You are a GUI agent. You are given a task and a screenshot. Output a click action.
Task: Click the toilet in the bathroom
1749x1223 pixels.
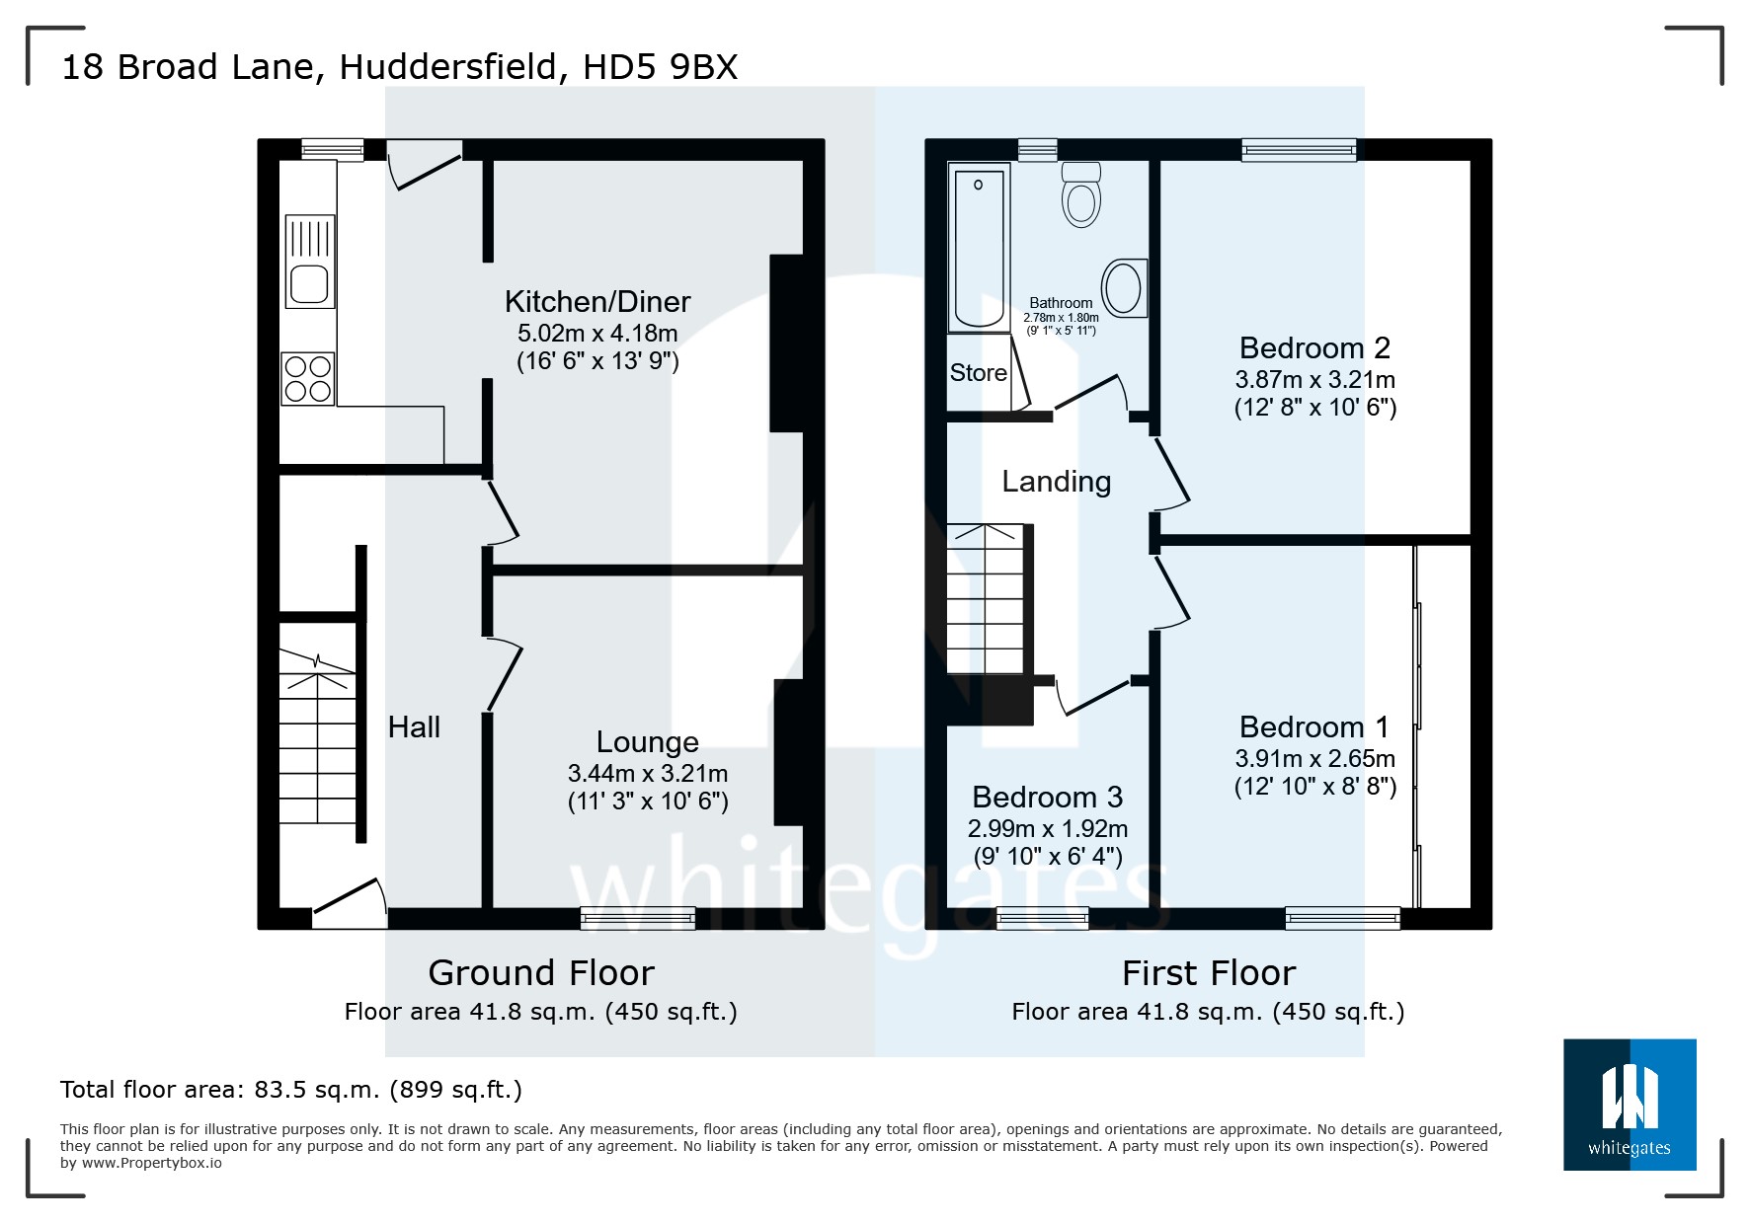[1081, 197]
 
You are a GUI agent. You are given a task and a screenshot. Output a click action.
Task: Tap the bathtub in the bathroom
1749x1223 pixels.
[978, 247]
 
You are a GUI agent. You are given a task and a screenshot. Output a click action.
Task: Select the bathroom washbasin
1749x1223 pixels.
[1124, 288]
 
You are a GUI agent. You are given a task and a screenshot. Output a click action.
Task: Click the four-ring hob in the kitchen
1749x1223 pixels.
[308, 379]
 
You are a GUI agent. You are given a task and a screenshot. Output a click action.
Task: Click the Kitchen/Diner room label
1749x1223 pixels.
[597, 301]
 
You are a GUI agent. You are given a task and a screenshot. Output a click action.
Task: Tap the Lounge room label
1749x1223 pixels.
[647, 741]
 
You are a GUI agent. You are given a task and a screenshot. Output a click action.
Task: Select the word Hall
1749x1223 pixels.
[414, 727]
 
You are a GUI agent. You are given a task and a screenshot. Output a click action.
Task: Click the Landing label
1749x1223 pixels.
[1056, 482]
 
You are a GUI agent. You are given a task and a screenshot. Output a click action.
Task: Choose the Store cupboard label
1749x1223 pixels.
[978, 373]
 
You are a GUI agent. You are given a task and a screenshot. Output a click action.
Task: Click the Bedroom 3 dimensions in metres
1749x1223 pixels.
[1047, 828]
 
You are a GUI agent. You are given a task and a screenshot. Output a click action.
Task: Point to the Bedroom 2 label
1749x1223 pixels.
[1314, 347]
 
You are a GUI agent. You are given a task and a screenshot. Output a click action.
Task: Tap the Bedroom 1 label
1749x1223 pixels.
[1313, 727]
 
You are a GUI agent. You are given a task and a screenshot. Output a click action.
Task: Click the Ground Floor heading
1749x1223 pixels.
[541, 973]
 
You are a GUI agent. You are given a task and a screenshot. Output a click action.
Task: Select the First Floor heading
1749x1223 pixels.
[1208, 973]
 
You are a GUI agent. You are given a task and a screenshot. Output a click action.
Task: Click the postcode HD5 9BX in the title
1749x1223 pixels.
[660, 67]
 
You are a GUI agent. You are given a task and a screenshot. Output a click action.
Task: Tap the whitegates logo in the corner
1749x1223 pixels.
[1630, 1105]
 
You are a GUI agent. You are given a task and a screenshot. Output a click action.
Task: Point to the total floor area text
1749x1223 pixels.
[291, 1090]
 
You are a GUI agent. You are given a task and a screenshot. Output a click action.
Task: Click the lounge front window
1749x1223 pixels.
[638, 918]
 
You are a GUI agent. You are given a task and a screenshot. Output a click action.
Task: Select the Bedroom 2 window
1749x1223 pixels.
[1299, 150]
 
